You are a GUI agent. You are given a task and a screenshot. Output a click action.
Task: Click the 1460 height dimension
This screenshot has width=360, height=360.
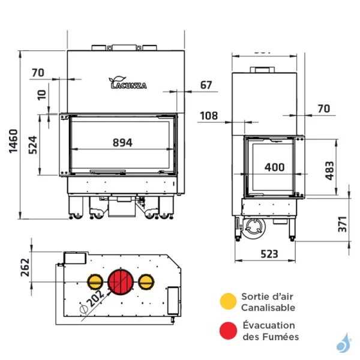click(x=14, y=142)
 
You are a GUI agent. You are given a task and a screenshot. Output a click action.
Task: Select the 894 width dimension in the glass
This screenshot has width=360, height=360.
click(x=122, y=142)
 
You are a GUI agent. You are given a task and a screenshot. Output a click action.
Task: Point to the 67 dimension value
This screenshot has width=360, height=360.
click(x=206, y=85)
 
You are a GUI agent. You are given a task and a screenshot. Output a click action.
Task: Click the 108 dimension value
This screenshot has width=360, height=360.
click(x=208, y=115)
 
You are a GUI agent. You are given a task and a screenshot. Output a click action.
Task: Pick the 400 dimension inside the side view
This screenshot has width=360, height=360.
click(x=275, y=167)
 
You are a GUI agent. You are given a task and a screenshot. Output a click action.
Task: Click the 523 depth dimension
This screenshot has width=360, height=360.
click(x=269, y=254)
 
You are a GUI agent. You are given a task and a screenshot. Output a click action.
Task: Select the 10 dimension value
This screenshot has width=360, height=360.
click(x=41, y=95)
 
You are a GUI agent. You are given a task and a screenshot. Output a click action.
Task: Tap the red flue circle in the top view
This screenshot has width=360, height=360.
click(x=120, y=281)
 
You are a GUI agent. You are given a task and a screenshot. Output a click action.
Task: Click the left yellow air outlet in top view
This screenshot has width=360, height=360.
click(x=95, y=281)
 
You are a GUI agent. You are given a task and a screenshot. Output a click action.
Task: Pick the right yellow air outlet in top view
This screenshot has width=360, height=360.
click(x=145, y=281)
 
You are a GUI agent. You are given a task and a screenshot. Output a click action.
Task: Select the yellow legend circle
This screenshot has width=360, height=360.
click(x=227, y=301)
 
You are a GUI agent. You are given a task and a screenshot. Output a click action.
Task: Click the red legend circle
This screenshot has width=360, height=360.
click(x=227, y=331)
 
